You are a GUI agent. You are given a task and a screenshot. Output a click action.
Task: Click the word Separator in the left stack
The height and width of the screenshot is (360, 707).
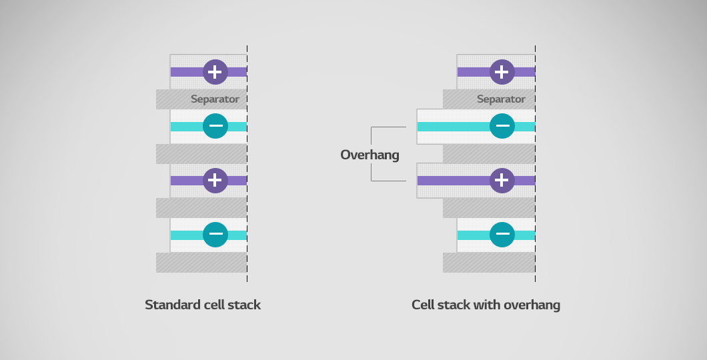point(215,99)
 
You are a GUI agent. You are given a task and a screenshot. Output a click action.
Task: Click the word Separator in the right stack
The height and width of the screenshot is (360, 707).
point(501,99)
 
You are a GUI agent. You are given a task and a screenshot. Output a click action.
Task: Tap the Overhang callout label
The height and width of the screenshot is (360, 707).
point(370,155)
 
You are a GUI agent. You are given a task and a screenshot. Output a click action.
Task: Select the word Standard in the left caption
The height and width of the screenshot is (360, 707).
point(171,305)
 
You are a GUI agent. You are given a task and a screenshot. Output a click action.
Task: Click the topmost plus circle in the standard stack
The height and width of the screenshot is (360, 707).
point(215,71)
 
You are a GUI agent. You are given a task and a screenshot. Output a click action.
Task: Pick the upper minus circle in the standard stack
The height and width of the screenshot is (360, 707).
point(215,126)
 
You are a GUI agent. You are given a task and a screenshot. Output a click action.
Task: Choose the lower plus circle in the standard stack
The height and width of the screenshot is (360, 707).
point(215,180)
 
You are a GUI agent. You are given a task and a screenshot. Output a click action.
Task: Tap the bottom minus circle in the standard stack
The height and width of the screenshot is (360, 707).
point(215,235)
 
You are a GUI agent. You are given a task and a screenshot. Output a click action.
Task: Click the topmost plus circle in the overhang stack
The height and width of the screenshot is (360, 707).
point(502,71)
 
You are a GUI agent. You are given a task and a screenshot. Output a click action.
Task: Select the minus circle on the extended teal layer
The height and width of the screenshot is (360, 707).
point(502,126)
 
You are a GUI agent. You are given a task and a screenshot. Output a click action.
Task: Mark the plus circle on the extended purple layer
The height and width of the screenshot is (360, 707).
point(502,180)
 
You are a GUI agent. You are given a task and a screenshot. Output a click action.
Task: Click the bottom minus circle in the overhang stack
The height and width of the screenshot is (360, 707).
point(502,235)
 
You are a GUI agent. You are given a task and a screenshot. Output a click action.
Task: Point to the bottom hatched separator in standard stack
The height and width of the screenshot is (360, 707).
point(201,262)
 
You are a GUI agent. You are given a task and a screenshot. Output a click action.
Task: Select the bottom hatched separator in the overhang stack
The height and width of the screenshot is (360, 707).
point(488,262)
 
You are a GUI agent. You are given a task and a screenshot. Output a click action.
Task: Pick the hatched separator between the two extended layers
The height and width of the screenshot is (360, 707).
point(488,153)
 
